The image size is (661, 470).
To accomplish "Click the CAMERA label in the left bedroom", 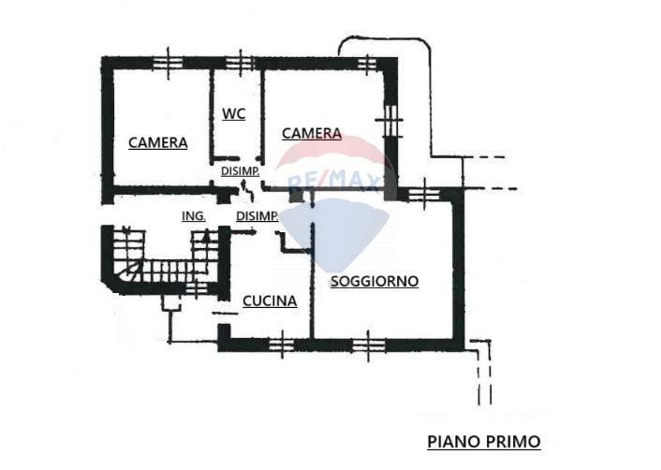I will pos(157,143).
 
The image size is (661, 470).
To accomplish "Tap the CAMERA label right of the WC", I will pos(312,134).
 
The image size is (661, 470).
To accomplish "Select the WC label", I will pos(233,113).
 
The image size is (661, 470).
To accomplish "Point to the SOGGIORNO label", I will pos(374,281).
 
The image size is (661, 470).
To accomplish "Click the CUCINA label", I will pos(270,301).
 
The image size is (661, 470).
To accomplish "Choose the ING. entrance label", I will pos(193,216).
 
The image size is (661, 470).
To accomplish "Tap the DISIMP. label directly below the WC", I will pos(241,171).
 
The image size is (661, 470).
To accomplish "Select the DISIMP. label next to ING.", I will pos(257,216).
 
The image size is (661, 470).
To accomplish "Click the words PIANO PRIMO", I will pos(483,441).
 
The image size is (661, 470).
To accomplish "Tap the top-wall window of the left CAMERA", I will pos(169,62).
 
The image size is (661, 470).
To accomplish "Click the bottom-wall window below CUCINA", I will pos(280,345).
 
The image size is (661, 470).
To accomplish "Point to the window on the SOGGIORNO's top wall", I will pos(420,194).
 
